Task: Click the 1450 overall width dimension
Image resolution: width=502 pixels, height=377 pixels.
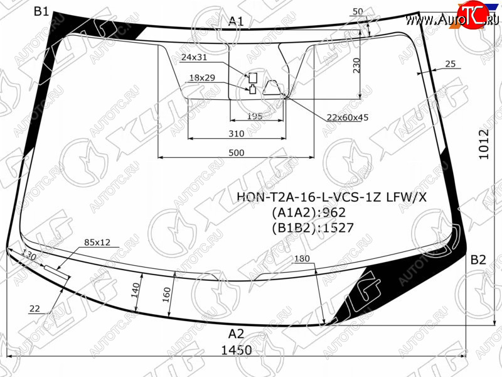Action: click(237, 350)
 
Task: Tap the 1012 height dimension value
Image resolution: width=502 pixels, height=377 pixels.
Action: click(484, 145)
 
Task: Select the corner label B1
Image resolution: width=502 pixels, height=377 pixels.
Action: click(41, 12)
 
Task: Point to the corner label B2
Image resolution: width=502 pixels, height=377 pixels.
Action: click(478, 260)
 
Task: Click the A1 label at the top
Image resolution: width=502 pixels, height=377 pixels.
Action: click(236, 21)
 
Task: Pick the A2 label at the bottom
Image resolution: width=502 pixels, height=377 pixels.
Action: click(237, 334)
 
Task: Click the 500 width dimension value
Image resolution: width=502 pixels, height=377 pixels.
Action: click(237, 153)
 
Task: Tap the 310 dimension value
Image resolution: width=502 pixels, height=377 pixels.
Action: click(237, 134)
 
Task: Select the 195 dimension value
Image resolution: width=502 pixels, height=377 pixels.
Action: click(255, 116)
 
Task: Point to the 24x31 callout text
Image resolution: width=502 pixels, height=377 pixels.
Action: click(194, 57)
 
